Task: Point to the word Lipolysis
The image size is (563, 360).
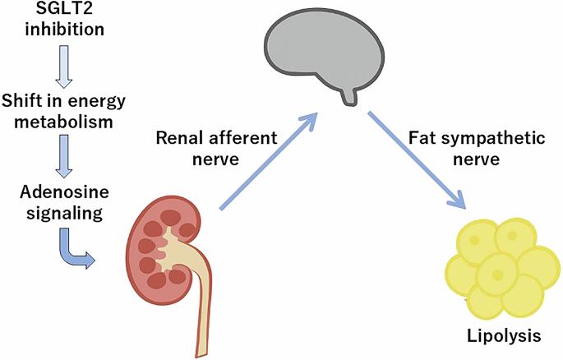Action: point(500,337)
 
